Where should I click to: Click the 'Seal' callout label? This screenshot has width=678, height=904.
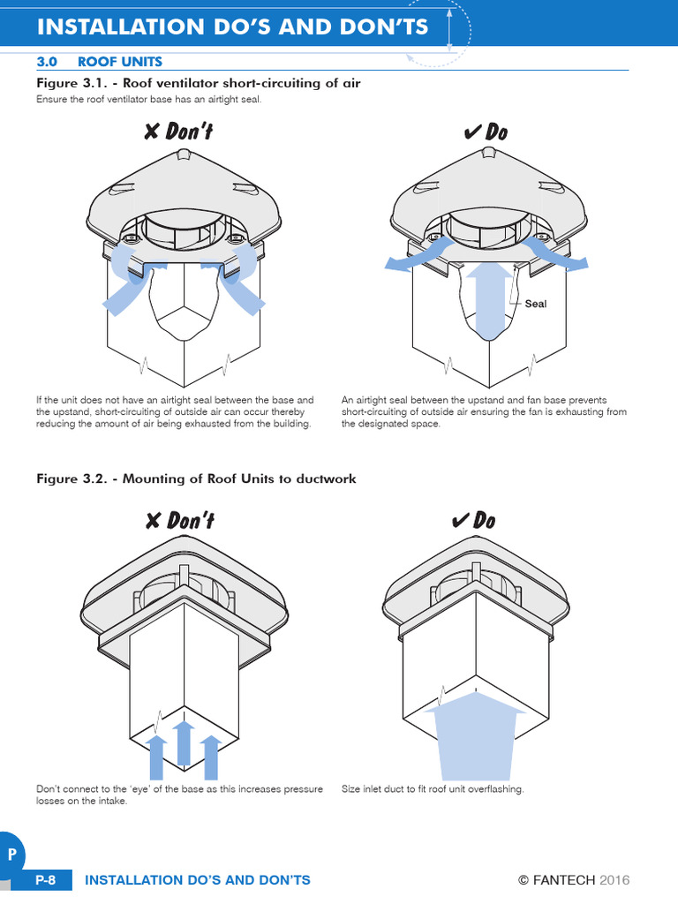coord(536,304)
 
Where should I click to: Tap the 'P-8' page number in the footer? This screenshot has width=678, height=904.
coord(46,880)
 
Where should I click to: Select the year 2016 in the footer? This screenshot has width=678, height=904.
coord(615,880)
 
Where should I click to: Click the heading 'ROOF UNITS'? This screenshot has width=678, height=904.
coord(120,61)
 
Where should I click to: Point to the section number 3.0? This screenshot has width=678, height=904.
coord(46,61)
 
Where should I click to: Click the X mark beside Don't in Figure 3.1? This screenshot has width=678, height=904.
coord(152,132)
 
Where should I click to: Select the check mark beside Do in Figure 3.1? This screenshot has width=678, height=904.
coord(471,132)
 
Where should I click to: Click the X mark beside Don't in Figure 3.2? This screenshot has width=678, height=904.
coord(153,521)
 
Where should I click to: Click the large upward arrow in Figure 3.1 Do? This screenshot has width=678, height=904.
coord(488,300)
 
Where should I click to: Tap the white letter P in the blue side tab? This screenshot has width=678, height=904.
coord(11,855)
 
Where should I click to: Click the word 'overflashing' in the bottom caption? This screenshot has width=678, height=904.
coord(496,788)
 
